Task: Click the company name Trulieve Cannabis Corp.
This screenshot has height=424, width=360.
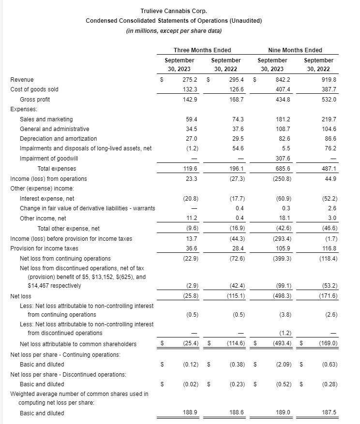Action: point(174,11)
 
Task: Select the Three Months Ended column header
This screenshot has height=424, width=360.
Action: point(202,50)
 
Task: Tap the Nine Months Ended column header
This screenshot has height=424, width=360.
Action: point(295,50)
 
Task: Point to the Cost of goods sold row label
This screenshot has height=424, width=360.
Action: point(34,89)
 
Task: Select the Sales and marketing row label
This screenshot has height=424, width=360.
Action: point(46,119)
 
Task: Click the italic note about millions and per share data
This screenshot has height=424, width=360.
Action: point(174,31)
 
